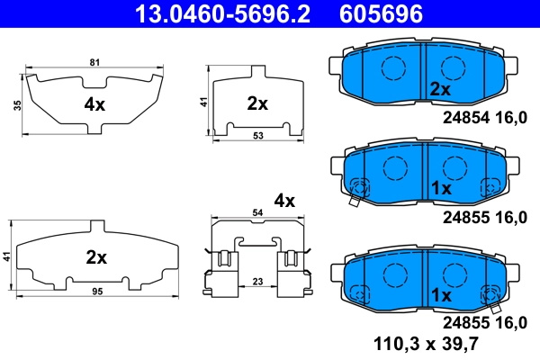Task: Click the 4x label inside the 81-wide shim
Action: (x=94, y=104)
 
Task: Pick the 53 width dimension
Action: (x=257, y=135)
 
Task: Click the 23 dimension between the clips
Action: (x=257, y=282)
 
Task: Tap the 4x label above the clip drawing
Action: (x=284, y=200)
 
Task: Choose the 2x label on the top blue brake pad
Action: (x=439, y=89)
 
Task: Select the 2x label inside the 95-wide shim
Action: (x=96, y=257)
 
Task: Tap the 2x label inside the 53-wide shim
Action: (x=257, y=103)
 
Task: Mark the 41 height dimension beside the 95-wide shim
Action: (x=7, y=256)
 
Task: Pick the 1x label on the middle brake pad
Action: (x=440, y=188)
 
